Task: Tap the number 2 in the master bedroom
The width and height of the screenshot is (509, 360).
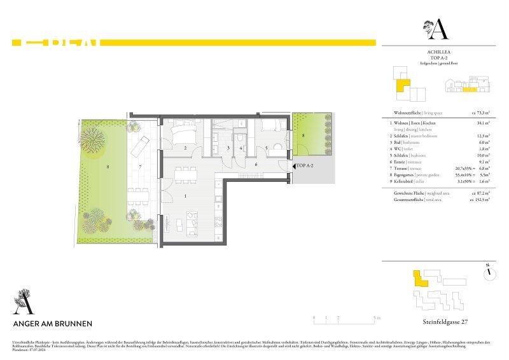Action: coord(185,148)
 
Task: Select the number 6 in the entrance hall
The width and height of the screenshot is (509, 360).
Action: coord(256,164)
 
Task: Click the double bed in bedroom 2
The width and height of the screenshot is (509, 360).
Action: coord(183,134)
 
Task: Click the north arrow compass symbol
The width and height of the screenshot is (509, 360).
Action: coord(490,272)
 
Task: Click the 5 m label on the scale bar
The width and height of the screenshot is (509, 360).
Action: coord(377,316)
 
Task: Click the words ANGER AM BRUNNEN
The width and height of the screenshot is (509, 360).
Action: coord(53,323)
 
